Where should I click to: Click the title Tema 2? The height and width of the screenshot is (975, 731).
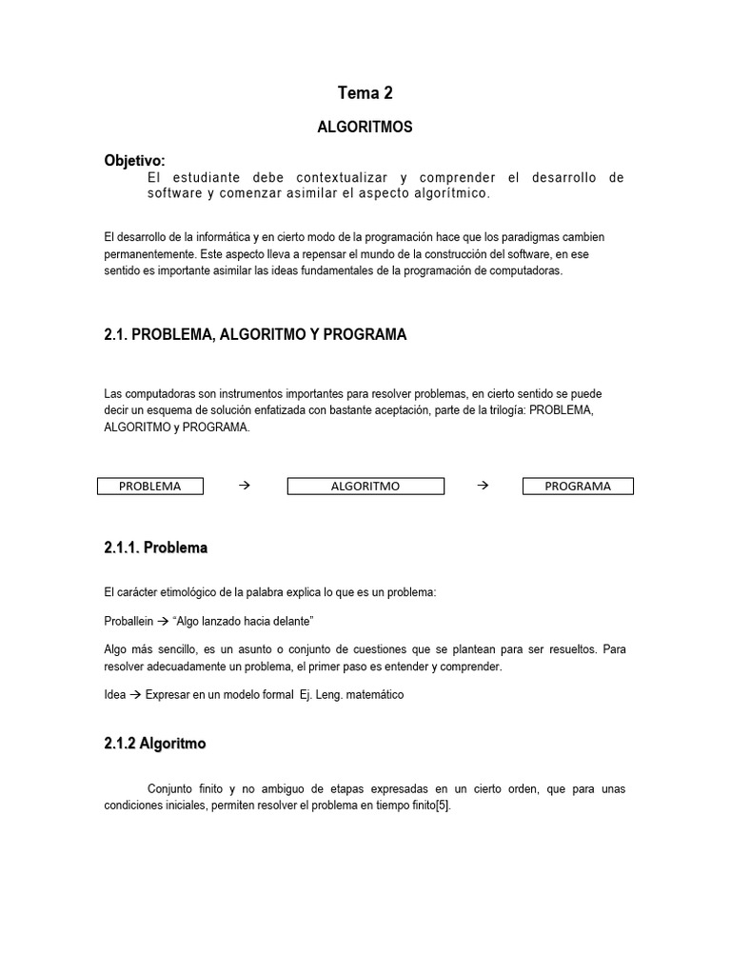[x=365, y=92]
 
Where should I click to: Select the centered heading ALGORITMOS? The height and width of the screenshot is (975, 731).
[x=365, y=127]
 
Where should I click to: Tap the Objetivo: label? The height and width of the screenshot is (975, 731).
[x=134, y=160]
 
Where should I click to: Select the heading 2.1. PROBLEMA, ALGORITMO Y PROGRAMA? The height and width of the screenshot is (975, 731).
[x=255, y=334]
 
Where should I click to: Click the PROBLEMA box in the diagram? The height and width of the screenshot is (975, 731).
[x=151, y=486]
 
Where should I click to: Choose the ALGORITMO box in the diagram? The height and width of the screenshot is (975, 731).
[x=365, y=486]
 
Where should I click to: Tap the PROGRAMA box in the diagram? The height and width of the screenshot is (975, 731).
[x=578, y=486]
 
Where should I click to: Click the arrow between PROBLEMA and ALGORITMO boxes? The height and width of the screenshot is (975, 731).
[x=243, y=486]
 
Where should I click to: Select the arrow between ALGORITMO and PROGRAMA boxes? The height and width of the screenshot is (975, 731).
[x=482, y=486]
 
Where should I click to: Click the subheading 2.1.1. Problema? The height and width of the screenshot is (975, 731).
[x=155, y=548]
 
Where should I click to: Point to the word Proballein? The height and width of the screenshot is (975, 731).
[x=128, y=620]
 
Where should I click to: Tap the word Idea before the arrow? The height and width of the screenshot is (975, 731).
[x=114, y=695]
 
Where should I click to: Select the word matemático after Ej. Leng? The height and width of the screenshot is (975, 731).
[x=373, y=695]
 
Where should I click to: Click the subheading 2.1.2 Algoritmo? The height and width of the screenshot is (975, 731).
[x=154, y=744]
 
